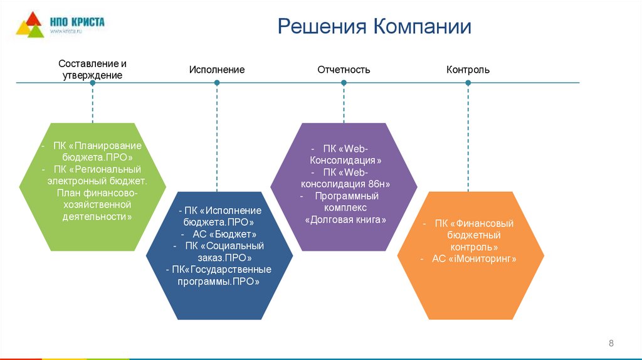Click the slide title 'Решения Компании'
click(x=374, y=27)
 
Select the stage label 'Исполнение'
click(x=217, y=70)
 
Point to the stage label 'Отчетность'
click(x=344, y=70)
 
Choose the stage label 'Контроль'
click(x=468, y=70)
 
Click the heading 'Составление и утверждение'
click(x=92, y=69)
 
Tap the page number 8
click(x=611, y=342)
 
